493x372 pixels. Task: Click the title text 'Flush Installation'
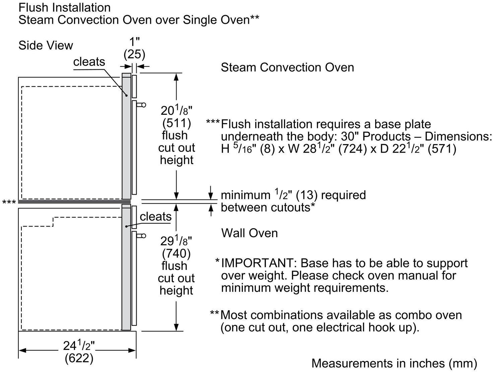point(64,7)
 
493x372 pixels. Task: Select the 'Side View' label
point(46,45)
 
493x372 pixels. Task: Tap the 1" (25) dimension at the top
point(134,48)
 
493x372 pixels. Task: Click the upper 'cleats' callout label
point(89,62)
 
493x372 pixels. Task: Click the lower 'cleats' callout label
point(155,216)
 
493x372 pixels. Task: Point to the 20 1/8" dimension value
point(177,110)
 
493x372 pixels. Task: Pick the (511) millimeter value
point(177,123)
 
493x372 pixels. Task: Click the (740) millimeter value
point(176,253)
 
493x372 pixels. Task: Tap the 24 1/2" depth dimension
point(79,345)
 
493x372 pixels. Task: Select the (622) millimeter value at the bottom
point(79,358)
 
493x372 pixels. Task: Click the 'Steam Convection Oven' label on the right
point(287,67)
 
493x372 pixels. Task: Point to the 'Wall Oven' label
point(250,233)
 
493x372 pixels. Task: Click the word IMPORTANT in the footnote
point(258,263)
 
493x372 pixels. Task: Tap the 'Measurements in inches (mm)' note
point(394,363)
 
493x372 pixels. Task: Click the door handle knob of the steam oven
point(144,105)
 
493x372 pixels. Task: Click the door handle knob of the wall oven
point(144,236)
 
